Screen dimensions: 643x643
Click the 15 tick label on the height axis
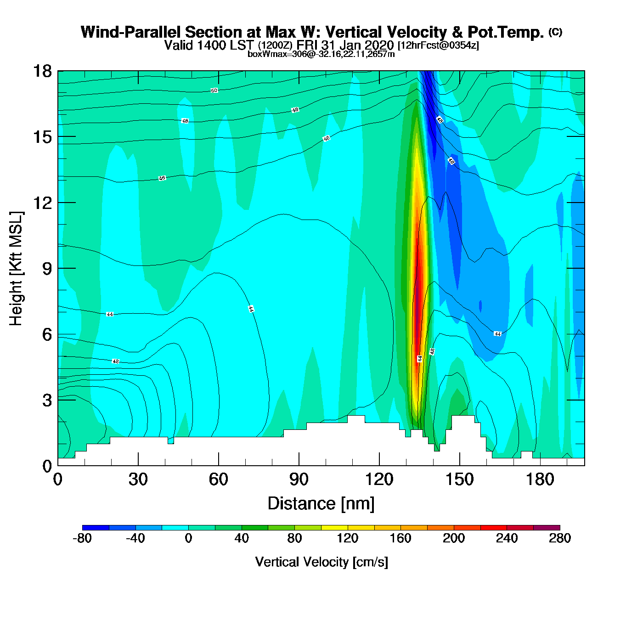(42, 137)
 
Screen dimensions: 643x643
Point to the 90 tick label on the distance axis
(299, 479)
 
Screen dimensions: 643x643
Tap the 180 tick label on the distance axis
(540, 479)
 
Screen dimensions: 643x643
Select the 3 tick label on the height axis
(47, 400)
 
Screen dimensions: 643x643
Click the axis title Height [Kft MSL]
(16, 269)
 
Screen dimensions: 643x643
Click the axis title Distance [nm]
(321, 504)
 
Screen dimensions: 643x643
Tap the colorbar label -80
(82, 538)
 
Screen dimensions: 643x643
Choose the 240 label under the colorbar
(507, 538)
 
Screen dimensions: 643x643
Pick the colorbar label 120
(347, 538)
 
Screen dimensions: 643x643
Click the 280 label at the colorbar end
(560, 538)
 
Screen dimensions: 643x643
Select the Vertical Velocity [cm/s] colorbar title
(321, 562)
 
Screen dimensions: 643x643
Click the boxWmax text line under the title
(321, 54)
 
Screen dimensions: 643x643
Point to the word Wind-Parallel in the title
(131, 32)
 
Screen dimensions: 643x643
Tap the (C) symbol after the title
(555, 32)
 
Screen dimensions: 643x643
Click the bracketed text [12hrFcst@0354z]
(438, 45)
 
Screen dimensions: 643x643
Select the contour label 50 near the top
(214, 90)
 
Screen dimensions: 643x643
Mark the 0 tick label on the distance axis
(58, 479)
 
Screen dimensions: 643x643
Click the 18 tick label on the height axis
(42, 71)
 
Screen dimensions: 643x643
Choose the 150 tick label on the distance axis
(459, 479)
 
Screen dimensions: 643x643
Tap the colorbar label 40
(242, 538)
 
